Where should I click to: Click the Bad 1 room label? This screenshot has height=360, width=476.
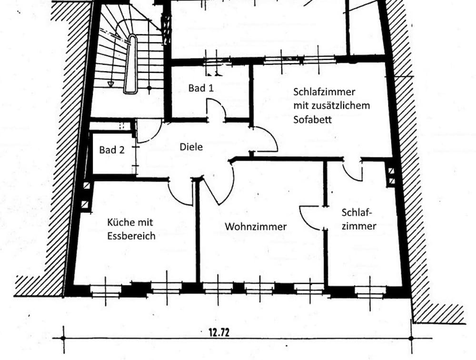pos(200,88)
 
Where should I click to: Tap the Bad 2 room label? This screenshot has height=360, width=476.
pos(112,150)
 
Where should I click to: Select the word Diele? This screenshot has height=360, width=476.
pos(191,147)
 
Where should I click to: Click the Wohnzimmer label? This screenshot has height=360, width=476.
pos(256,227)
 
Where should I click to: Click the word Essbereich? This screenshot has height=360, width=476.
pos(131,235)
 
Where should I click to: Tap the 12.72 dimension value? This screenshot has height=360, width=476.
pos(219,332)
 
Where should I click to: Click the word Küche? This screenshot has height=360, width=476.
pos(118,223)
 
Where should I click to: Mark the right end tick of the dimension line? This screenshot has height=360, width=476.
pos(411,338)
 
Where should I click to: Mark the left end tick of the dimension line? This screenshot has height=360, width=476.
pos(63,338)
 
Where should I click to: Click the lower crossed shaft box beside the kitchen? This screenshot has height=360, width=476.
pos(85,204)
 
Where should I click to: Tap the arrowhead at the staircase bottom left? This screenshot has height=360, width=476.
pos(110,84)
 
